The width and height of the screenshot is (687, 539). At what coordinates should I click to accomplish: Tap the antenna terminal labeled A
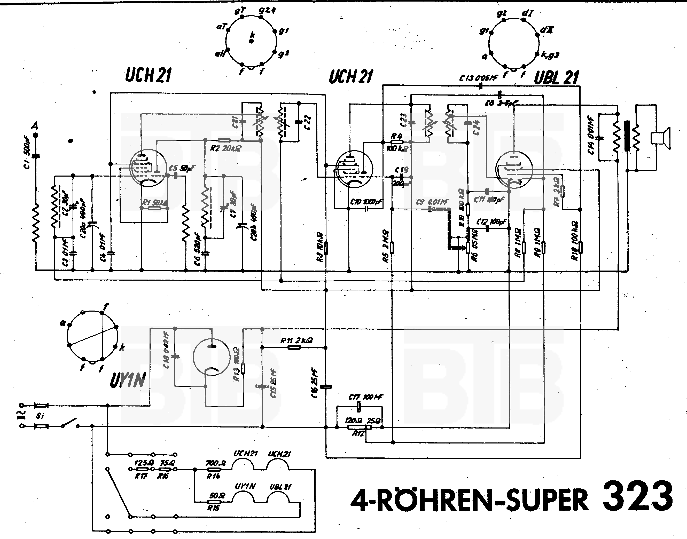35,135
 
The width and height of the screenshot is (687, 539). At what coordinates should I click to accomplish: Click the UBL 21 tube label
556,77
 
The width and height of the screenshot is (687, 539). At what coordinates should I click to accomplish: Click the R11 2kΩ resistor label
297,340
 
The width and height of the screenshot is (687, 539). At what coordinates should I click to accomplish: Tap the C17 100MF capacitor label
365,397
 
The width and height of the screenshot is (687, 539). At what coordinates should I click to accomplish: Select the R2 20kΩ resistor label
225,148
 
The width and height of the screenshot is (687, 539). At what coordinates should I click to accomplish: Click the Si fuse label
40,416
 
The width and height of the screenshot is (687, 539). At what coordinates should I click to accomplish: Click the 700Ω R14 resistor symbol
213,469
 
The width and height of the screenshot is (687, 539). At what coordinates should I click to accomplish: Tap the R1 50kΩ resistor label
154,203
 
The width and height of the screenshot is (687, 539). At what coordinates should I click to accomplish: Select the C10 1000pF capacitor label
366,202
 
